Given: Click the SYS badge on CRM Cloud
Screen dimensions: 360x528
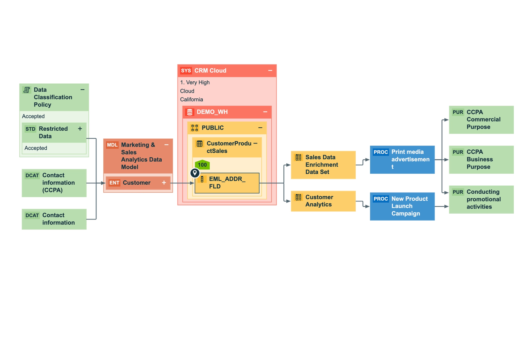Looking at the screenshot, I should (x=186, y=70).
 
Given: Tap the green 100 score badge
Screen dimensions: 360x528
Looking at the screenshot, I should (x=202, y=165).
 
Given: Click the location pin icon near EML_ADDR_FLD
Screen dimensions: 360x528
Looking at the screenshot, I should (x=195, y=173).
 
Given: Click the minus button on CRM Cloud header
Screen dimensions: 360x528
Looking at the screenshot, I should (x=270, y=70).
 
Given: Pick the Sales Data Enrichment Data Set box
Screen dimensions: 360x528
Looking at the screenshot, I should (x=323, y=165).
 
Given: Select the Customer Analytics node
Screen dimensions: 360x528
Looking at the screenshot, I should (x=323, y=201).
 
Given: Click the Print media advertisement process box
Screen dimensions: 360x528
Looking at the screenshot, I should (x=402, y=160).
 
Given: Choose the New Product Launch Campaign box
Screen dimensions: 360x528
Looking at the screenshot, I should (x=402, y=206).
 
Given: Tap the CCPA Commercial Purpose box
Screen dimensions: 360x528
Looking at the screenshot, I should (x=481, y=120).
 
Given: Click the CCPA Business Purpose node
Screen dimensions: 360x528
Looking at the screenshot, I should (x=481, y=160).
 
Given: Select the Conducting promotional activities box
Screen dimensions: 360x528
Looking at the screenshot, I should (x=481, y=199).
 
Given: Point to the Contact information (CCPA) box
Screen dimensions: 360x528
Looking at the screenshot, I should (x=54, y=183).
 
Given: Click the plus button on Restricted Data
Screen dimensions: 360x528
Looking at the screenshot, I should (x=80, y=129).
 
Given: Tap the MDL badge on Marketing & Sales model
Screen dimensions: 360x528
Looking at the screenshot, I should (x=112, y=145).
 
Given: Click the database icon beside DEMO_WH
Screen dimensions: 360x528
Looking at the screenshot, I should (x=190, y=112).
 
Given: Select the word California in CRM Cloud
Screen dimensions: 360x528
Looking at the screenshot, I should (x=191, y=99).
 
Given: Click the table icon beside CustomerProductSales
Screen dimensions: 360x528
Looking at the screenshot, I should (x=199, y=143).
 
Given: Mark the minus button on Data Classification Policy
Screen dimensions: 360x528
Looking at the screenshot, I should (x=82, y=90).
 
